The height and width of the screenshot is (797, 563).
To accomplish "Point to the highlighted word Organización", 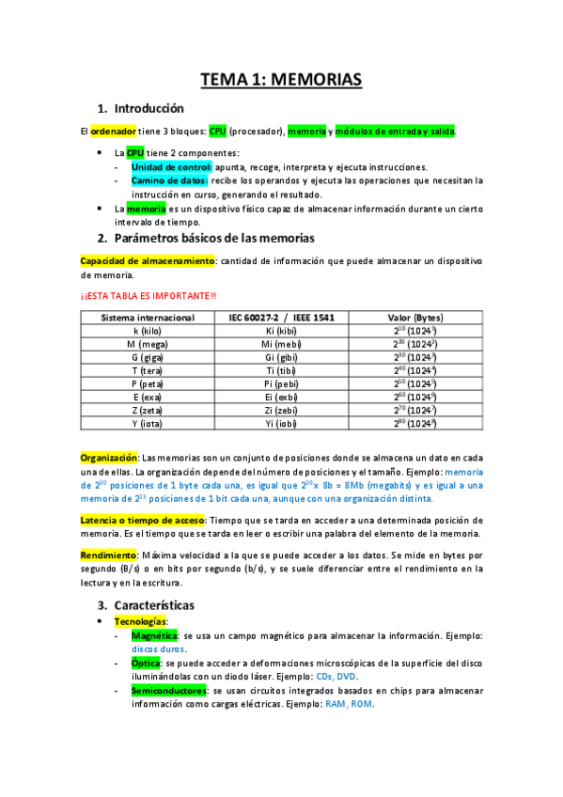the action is (x=109, y=456).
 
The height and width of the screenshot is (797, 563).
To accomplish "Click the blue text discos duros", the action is (x=159, y=649).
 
